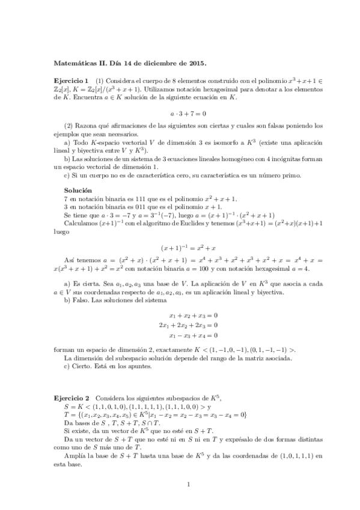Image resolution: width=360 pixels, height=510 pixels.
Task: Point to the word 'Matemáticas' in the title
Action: [76, 61]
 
